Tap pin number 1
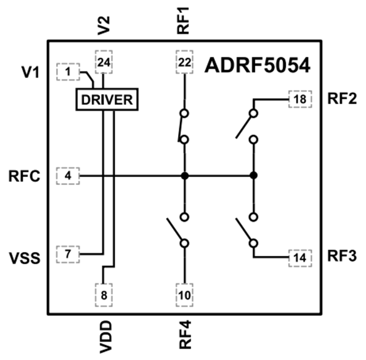(67, 71)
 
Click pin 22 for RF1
(184, 61)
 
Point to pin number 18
(300, 98)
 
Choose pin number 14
(300, 257)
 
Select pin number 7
(67, 253)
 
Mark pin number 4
(67, 176)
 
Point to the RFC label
(25, 177)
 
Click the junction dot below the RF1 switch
(184, 176)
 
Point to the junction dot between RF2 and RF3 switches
(253, 176)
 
